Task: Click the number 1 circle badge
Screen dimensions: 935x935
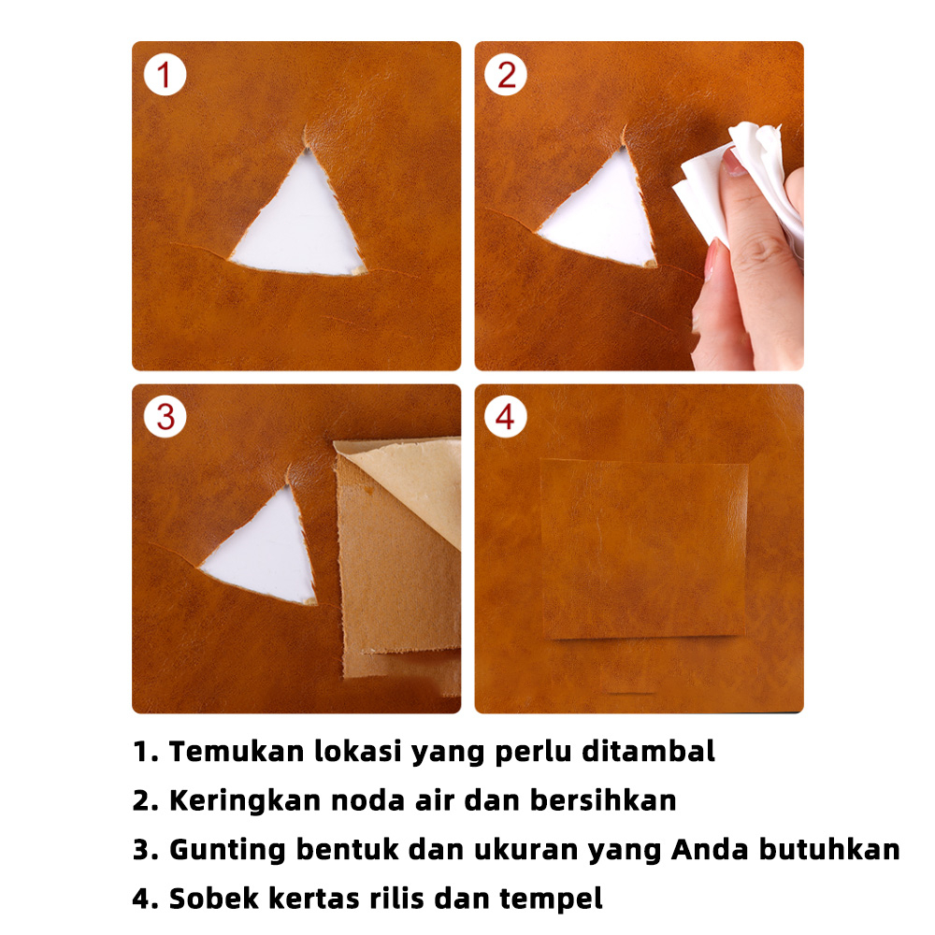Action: tap(165, 75)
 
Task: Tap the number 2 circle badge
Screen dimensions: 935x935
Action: tap(506, 75)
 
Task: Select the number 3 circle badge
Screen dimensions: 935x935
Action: tap(165, 416)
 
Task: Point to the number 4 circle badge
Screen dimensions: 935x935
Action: tap(506, 416)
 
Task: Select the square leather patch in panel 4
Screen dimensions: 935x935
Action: tap(644, 549)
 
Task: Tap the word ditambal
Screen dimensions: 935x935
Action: tap(648, 751)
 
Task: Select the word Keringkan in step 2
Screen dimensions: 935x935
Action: tap(245, 800)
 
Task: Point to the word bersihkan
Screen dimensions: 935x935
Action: tap(603, 800)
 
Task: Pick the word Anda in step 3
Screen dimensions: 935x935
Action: tap(710, 850)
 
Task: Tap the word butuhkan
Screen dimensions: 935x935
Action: tap(829, 850)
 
